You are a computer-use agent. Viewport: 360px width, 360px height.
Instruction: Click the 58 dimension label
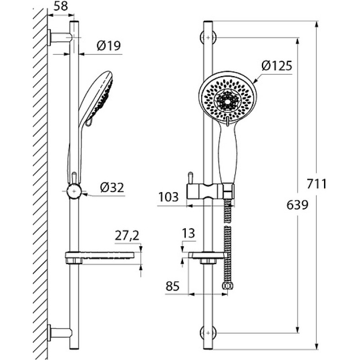[61, 6]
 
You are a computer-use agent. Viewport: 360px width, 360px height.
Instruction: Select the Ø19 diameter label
[108, 46]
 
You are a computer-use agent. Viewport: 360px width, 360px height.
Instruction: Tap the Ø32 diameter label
[112, 188]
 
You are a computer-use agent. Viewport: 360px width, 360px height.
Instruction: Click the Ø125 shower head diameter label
[277, 66]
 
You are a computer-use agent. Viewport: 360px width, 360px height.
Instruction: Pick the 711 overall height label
[317, 184]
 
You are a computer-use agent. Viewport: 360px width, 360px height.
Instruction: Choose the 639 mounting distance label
[297, 205]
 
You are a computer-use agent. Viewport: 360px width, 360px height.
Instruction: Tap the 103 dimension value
[168, 197]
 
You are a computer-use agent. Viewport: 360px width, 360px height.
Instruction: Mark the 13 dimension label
[188, 233]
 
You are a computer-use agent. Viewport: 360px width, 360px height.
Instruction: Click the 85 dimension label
[172, 286]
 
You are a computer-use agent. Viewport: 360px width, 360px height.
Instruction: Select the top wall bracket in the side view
[60, 38]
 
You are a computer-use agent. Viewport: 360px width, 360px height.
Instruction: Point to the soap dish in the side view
[99, 257]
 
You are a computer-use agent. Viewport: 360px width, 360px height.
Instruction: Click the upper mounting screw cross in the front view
[208, 37]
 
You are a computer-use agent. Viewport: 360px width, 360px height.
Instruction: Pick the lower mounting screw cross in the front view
[208, 333]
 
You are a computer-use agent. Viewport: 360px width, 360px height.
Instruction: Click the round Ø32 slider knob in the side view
[74, 191]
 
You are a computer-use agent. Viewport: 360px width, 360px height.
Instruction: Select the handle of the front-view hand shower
[227, 154]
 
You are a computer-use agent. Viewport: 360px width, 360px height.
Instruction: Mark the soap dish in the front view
[209, 258]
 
